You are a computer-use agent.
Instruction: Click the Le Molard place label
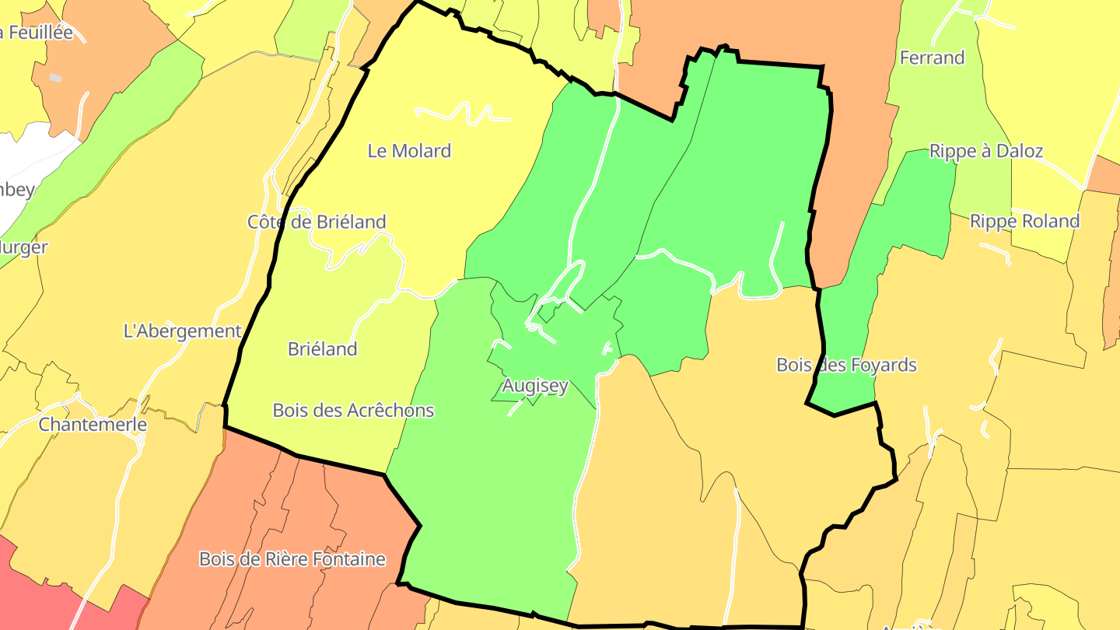(409, 151)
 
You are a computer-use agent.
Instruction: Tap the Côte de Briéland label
(317, 222)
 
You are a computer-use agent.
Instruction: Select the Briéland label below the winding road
(322, 349)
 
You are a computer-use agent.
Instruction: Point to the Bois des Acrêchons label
(353, 411)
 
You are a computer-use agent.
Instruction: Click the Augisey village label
(535, 386)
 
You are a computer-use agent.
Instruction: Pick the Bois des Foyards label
(846, 365)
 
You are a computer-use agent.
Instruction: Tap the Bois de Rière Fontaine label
(292, 559)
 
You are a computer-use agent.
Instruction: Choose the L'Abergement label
(183, 331)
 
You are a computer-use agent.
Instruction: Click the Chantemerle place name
(93, 425)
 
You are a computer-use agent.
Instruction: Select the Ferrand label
(932, 58)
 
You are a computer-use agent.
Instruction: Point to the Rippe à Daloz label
(985, 151)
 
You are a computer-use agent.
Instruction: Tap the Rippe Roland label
(1024, 222)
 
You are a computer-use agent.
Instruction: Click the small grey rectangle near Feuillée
(55, 78)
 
